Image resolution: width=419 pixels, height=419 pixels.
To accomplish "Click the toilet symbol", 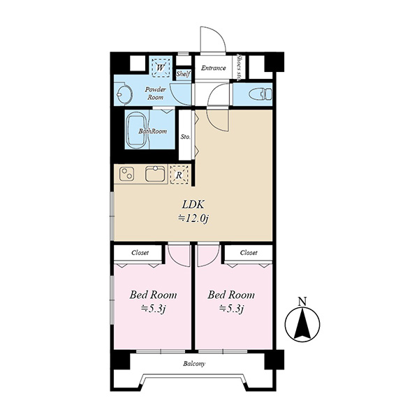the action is pyautogui.click(x=260, y=94).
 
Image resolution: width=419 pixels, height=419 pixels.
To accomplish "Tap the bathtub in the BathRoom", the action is pyautogui.click(x=137, y=131).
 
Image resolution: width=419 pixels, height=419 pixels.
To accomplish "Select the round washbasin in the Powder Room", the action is pyautogui.click(x=124, y=94).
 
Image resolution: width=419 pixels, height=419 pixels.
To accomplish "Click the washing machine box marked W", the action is pyautogui.click(x=161, y=67).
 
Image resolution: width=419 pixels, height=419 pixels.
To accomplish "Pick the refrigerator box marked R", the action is pyautogui.click(x=179, y=175).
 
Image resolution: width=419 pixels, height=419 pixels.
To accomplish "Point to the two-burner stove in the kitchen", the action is pyautogui.click(x=126, y=173).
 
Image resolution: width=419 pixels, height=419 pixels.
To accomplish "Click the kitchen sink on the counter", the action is pyautogui.click(x=155, y=173).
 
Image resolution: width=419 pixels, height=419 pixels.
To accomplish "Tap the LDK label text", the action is pyautogui.click(x=193, y=205).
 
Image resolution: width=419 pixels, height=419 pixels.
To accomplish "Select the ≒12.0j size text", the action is pyautogui.click(x=193, y=219).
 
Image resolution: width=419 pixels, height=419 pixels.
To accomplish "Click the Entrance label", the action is pyautogui.click(x=213, y=68).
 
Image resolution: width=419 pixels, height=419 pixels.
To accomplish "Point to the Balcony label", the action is pyautogui.click(x=194, y=364).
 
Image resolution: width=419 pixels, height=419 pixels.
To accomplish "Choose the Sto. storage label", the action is pyautogui.click(x=186, y=137).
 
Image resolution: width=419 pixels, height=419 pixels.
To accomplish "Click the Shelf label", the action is pyautogui.click(x=184, y=73).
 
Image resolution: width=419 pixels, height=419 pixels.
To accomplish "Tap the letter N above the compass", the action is pyautogui.click(x=302, y=302).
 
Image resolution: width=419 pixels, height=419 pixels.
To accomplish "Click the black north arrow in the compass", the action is pyautogui.click(x=302, y=324).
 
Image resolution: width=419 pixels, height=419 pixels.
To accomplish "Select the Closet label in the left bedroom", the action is pyautogui.click(x=140, y=253).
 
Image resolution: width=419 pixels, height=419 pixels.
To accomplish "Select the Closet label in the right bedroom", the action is pyautogui.click(x=249, y=253).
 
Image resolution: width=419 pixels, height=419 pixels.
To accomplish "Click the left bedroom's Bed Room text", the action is pyautogui.click(x=153, y=295).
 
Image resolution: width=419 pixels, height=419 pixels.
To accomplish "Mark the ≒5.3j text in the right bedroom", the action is pyautogui.click(x=231, y=309).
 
